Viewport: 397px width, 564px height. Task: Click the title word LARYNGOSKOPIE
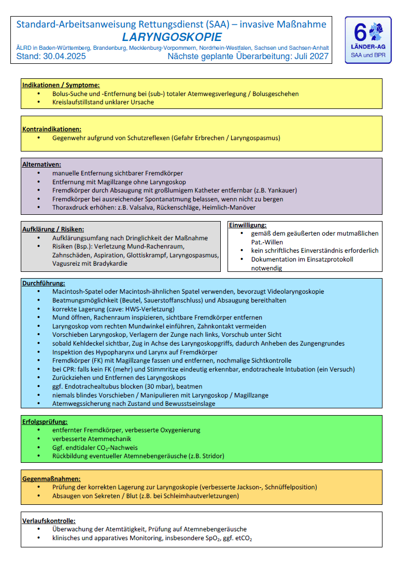(x=172, y=37)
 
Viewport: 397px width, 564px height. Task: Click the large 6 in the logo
(x=360, y=33)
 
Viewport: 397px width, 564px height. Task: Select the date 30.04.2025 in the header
(x=65, y=56)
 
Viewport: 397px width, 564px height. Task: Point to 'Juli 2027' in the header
(x=311, y=56)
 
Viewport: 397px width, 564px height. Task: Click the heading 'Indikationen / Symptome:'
(x=61, y=85)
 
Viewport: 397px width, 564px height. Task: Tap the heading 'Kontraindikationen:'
(x=51, y=129)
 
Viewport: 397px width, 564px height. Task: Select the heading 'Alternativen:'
(x=41, y=164)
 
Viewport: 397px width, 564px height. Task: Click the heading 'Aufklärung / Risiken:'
(x=53, y=229)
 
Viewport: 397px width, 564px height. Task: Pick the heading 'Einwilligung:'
(x=248, y=225)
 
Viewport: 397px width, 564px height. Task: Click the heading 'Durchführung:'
(x=44, y=283)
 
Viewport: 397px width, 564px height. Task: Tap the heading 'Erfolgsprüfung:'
(x=45, y=422)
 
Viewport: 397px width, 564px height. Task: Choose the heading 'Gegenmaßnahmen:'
(x=51, y=478)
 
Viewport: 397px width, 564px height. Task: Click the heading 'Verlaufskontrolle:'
(x=49, y=520)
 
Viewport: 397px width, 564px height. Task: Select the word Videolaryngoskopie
(x=292, y=292)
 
